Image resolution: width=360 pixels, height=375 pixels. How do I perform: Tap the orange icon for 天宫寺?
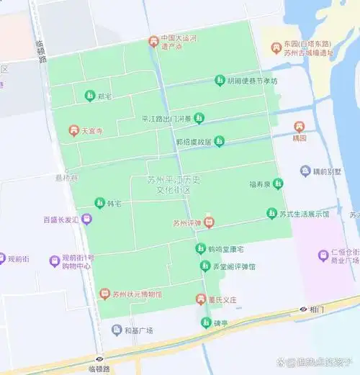73,130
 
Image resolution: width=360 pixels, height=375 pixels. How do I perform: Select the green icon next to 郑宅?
89,95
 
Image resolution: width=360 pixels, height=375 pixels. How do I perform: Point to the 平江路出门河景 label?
167,119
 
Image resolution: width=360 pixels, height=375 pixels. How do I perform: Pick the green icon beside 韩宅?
99,204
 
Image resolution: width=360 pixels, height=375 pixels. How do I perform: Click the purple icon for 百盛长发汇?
86,219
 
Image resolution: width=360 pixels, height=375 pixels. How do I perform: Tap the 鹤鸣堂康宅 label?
226,249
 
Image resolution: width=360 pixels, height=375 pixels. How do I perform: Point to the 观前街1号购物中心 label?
78,261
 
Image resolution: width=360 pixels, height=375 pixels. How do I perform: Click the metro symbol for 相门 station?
303,310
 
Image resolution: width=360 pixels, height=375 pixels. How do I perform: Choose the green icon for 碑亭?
206,322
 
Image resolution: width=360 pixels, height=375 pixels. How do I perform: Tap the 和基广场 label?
138,330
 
